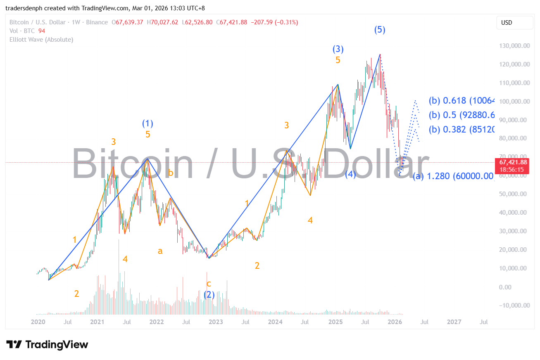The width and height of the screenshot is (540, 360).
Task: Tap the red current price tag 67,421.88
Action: tap(513, 162)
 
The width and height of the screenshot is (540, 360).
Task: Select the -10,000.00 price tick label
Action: tap(512, 306)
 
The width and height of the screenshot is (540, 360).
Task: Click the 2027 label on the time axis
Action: tap(454, 322)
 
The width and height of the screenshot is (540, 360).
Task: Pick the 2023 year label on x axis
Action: tap(216, 322)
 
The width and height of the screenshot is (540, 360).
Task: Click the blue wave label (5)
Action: tap(380, 30)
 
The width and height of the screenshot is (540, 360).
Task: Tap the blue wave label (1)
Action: tap(147, 123)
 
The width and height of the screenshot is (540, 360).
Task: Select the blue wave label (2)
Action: tap(209, 295)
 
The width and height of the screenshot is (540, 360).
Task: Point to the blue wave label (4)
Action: tap(350, 174)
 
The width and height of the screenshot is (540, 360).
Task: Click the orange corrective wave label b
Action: tap(170, 173)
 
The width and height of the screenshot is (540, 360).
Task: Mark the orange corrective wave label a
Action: tap(160, 251)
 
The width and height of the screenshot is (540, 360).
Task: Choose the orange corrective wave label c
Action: tap(209, 284)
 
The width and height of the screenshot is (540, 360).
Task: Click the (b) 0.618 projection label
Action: tap(461, 100)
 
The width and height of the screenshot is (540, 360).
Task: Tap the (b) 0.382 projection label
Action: tap(461, 129)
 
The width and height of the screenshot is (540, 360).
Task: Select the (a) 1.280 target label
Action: tap(453, 176)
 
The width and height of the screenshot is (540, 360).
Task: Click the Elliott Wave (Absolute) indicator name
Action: tap(41, 40)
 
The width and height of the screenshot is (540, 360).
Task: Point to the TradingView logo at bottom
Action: tap(47, 344)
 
